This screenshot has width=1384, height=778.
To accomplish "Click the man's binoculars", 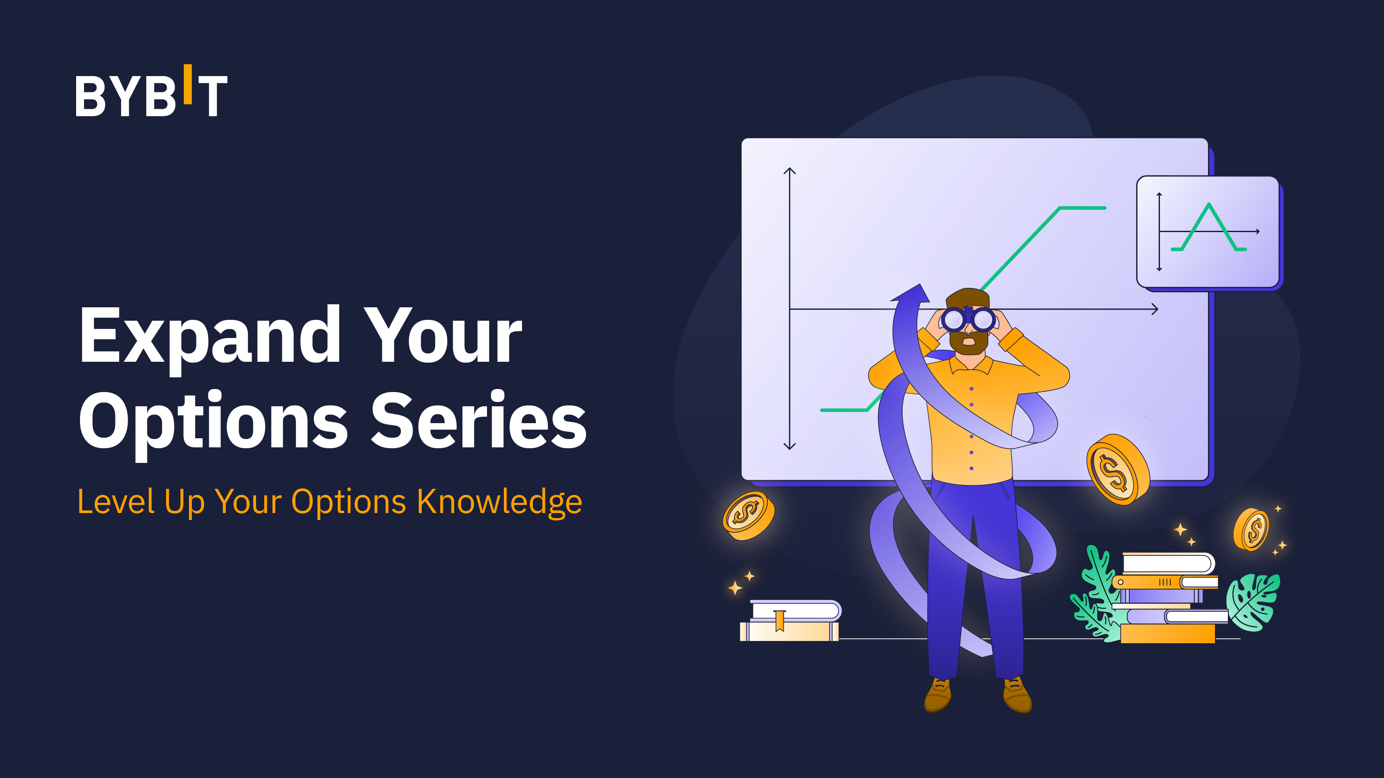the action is (968, 319).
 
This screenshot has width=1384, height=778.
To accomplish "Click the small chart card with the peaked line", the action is (1208, 233).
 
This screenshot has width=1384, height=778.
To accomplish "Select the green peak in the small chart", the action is (1209, 204).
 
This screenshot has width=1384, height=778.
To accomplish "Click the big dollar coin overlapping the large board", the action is (1118, 470).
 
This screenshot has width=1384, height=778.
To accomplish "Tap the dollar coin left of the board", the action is (748, 516).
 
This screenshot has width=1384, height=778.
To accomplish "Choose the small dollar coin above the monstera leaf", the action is (1251, 529).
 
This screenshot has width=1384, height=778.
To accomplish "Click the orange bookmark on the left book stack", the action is (779, 620).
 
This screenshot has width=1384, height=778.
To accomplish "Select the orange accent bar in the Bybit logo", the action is (188, 84).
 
